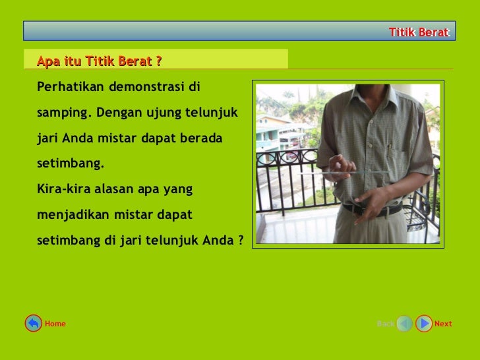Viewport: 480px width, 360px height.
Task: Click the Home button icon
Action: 33,323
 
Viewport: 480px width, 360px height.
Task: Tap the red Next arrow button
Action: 424,323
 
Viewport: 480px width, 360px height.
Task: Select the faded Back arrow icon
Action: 404,323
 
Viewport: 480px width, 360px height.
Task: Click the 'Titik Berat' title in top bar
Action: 419,32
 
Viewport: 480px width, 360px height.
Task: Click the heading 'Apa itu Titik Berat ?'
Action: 100,61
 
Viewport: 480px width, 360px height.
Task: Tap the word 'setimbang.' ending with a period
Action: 71,164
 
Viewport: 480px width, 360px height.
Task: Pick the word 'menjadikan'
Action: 71,215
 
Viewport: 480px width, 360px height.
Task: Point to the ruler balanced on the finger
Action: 349,172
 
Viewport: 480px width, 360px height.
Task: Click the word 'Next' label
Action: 443,324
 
